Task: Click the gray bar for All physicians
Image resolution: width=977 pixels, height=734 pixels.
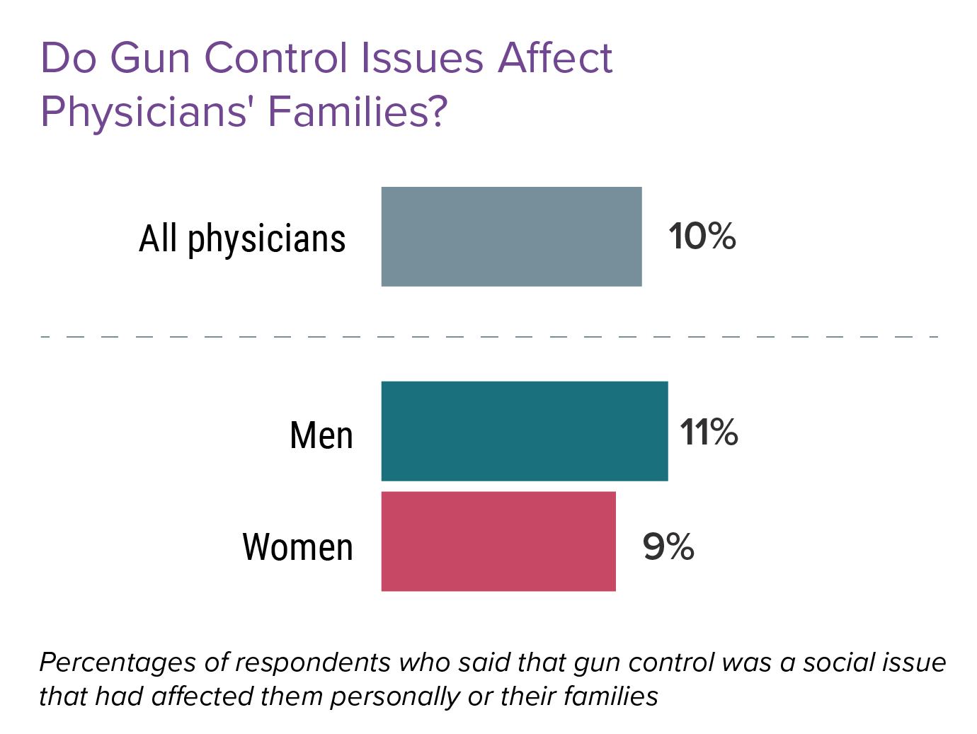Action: tap(511, 236)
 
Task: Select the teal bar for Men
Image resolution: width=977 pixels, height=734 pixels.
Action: tap(524, 431)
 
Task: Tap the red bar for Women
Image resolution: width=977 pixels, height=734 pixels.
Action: tap(498, 541)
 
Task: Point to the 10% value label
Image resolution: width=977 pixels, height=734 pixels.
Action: tap(702, 236)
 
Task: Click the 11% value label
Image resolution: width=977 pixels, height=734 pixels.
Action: tap(709, 432)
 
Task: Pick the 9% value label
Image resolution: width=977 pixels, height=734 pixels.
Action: tap(668, 547)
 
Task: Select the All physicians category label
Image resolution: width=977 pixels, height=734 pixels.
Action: tap(242, 239)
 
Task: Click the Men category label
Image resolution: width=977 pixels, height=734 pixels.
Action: tap(321, 435)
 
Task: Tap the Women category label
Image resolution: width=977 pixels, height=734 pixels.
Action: tap(297, 547)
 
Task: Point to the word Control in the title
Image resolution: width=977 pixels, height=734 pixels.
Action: tap(278, 58)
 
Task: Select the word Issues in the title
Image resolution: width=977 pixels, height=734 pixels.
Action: tap(422, 58)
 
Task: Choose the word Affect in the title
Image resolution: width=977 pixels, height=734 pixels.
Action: tap(554, 58)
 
